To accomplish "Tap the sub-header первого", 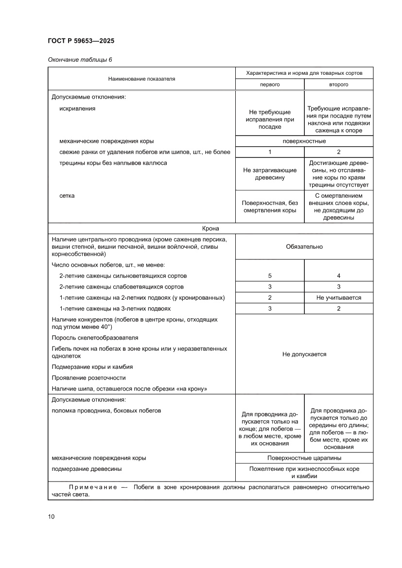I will point(270,84).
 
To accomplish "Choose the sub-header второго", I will point(338,84).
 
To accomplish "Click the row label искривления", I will point(77,108).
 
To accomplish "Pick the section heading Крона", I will point(210,228).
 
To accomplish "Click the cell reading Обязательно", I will point(304,246).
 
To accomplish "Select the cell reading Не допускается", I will point(304,354).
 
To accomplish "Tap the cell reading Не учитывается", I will point(338,298).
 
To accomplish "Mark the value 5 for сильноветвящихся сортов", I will point(270,276).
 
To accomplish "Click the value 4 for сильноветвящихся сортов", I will point(338,276).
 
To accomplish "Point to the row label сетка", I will point(67,196).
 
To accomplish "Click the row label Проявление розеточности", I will point(88,378).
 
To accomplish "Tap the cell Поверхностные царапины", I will point(304,458).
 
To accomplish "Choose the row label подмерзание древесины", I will point(87,469).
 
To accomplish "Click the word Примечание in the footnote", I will point(92,486).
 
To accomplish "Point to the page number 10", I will point(51,516).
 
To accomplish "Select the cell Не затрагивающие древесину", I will point(270,174).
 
